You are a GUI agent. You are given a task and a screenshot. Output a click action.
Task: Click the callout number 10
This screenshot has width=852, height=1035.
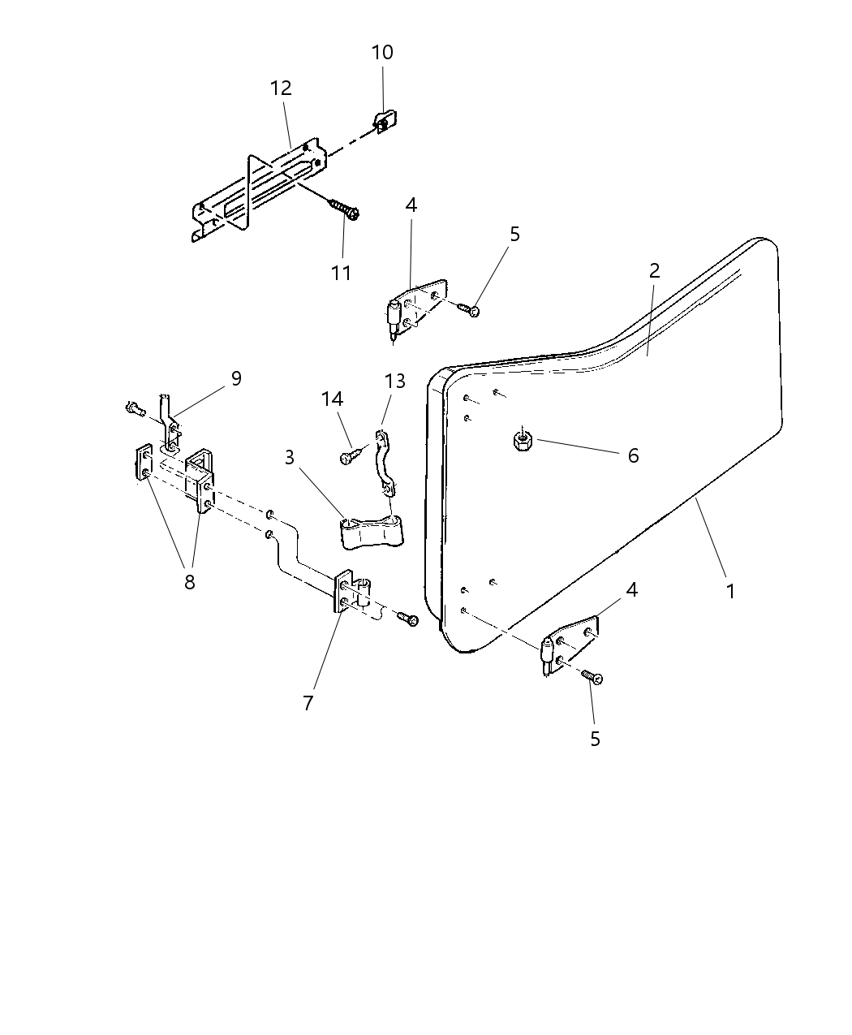tap(382, 53)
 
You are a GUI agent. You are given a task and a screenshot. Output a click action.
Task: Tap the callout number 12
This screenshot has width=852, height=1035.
tap(281, 88)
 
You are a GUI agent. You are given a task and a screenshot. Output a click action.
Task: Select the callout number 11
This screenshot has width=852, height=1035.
tap(342, 273)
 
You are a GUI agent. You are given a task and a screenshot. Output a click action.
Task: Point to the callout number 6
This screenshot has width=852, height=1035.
tap(633, 455)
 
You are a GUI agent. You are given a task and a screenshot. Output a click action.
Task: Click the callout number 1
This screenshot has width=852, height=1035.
tap(730, 591)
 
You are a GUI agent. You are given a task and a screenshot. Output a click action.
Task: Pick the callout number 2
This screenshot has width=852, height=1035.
tap(654, 270)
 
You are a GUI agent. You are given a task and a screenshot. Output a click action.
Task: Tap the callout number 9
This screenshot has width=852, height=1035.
tap(236, 378)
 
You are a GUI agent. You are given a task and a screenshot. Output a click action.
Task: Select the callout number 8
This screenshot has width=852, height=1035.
tap(189, 582)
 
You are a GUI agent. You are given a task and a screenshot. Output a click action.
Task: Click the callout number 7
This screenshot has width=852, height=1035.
tap(308, 703)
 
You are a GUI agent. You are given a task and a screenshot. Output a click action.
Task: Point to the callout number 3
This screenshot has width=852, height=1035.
tap(290, 457)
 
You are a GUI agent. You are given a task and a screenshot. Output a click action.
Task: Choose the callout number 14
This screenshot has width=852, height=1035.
tap(332, 399)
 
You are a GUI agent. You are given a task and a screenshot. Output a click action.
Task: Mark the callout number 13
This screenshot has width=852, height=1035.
tap(394, 381)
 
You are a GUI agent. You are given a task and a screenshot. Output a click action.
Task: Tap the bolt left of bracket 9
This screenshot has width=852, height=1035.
tap(134, 409)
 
